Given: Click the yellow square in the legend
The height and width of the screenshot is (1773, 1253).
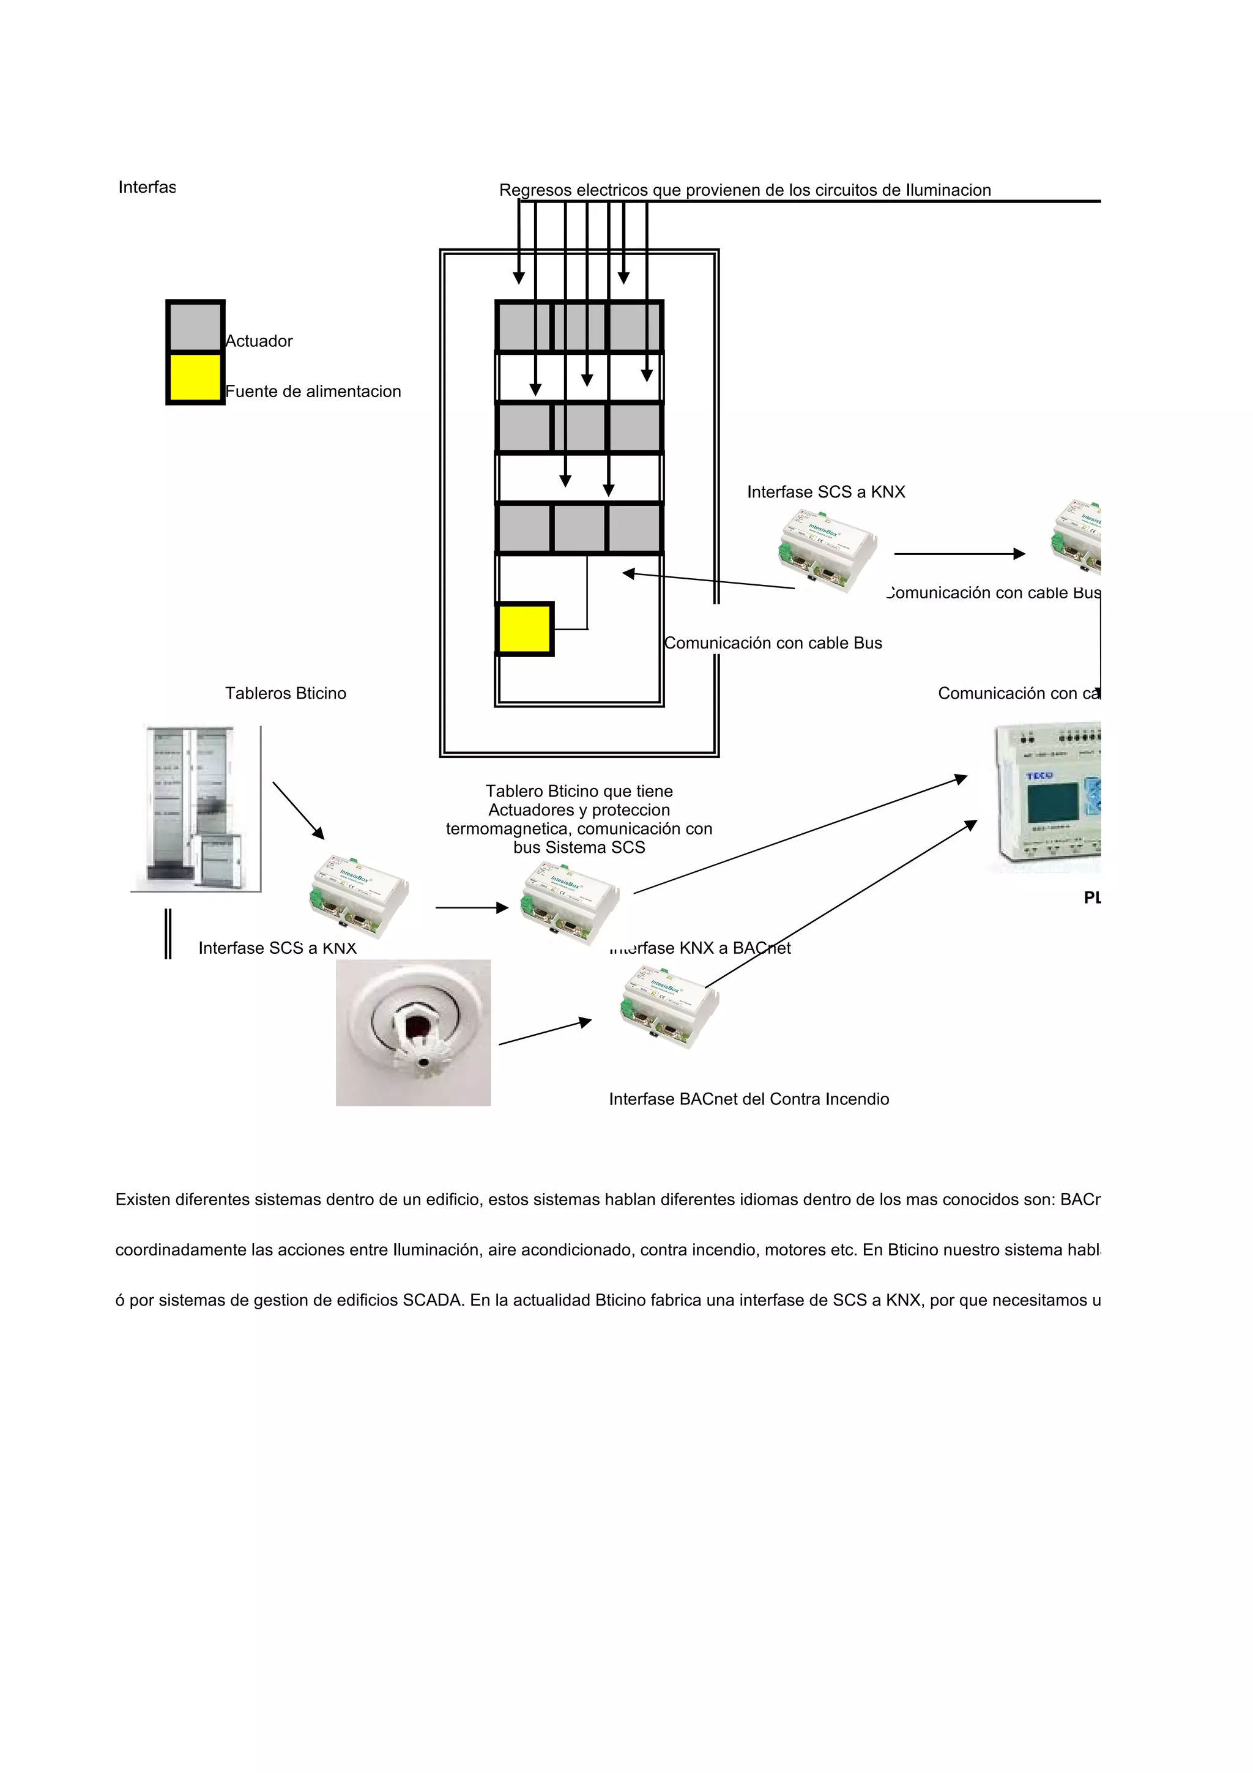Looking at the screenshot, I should point(195,377).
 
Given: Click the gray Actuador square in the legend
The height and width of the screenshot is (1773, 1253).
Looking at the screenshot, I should point(195,327).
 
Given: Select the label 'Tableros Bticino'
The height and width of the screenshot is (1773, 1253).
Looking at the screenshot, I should point(286,693).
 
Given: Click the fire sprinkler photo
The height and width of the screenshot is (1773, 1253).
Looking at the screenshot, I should point(413,1033).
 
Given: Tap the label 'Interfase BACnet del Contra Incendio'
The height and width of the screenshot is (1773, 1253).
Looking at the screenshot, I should point(748,1099).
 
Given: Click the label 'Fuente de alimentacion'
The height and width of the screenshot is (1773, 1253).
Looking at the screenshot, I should point(313,392).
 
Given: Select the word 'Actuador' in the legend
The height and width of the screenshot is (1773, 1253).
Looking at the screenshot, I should point(259,341).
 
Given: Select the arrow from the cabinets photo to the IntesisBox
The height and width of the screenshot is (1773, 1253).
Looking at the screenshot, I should point(298,811).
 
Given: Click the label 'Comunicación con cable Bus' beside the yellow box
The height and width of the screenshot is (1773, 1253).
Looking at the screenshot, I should point(773,643).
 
